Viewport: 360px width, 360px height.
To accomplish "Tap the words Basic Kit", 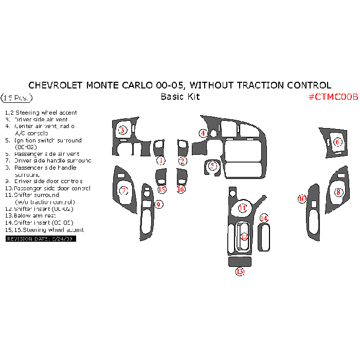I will tap(180, 97).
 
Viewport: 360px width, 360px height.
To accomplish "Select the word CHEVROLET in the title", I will tap(55, 85).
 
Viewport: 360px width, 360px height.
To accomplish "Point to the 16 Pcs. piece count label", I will tap(17, 97).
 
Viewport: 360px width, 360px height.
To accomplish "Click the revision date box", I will tap(41, 239).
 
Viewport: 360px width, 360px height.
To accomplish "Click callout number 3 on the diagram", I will tap(122, 130).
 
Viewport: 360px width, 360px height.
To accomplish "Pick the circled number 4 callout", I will tap(204, 133).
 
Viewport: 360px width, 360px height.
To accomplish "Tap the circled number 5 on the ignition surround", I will tap(212, 166).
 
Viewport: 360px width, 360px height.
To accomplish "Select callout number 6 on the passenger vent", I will tap(338, 142).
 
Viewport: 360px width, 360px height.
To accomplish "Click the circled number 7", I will tap(123, 191).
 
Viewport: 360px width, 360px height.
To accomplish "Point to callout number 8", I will tap(338, 192).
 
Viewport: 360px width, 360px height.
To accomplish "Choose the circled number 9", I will tap(159, 204).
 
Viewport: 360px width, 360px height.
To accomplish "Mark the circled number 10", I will tap(302, 199).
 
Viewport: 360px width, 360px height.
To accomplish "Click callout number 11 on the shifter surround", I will tap(242, 208).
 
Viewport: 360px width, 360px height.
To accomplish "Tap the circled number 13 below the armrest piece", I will tap(240, 272).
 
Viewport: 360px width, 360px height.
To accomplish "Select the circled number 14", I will tap(264, 219).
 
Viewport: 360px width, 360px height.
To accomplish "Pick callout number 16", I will tap(181, 189).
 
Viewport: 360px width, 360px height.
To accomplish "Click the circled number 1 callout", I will tap(161, 160).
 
